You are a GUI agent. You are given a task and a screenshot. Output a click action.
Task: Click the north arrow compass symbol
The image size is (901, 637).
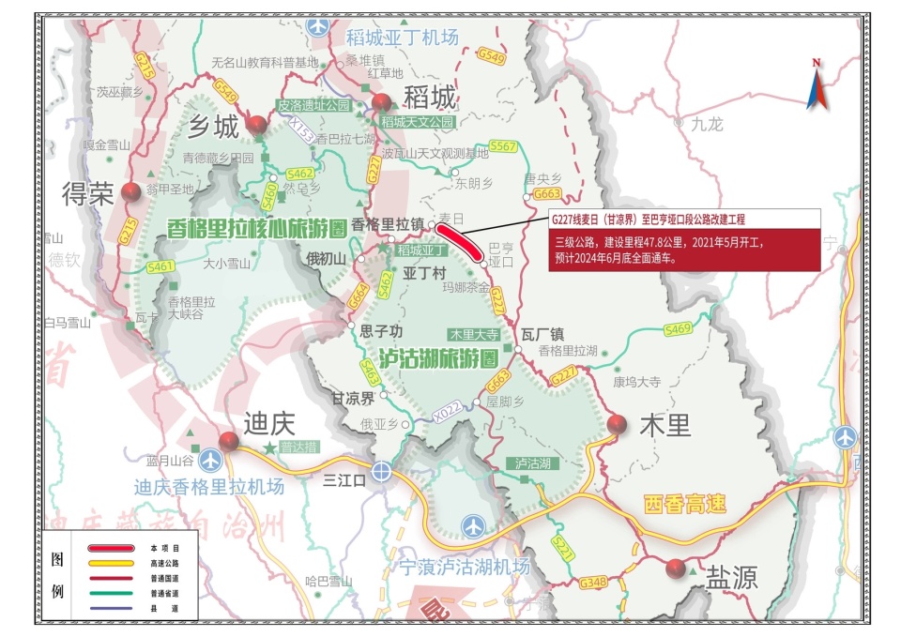point(816,84)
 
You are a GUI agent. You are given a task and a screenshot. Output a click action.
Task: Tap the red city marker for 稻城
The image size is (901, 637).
point(381,104)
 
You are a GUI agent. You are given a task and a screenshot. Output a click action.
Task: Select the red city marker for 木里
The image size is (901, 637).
point(617,425)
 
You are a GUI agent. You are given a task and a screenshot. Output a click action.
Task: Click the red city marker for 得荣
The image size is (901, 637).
point(130,190)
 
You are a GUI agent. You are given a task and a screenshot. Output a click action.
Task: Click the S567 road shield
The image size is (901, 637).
point(504,146)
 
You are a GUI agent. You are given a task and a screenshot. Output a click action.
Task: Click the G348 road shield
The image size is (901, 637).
point(593,584)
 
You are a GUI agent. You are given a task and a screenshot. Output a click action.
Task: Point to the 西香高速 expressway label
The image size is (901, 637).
point(685,504)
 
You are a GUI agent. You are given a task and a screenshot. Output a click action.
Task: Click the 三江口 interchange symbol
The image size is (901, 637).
point(381,471)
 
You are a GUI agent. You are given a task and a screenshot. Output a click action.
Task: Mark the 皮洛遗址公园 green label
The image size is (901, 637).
point(313,106)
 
